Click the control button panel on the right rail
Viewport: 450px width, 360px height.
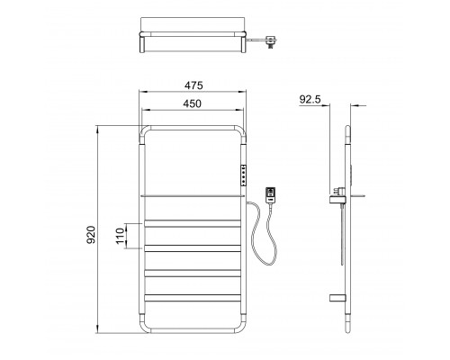tap(243, 175)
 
